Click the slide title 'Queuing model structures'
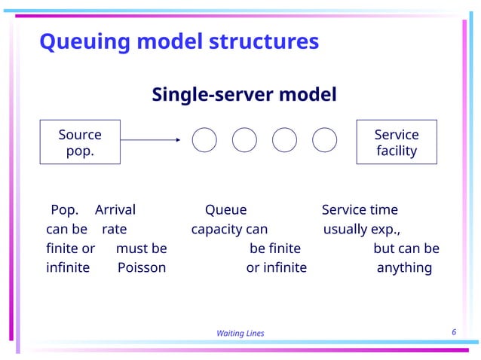click(x=179, y=41)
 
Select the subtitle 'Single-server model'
click(x=244, y=96)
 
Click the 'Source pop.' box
click(x=80, y=142)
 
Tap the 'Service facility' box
click(x=396, y=142)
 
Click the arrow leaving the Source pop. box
click(x=151, y=139)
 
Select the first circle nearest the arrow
click(x=205, y=139)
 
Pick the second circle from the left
click(x=244, y=139)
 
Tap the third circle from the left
click(x=284, y=139)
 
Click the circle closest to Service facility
click(x=324, y=139)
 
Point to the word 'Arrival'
click(x=115, y=210)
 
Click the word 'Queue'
click(x=225, y=210)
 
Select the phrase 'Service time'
click(x=360, y=210)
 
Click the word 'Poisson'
click(x=142, y=267)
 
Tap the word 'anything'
click(x=404, y=267)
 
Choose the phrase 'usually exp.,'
click(x=362, y=229)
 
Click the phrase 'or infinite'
click(x=276, y=267)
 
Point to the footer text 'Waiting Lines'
click(x=240, y=334)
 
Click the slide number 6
click(x=454, y=332)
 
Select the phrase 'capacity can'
click(x=229, y=229)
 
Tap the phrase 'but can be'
click(x=406, y=249)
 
